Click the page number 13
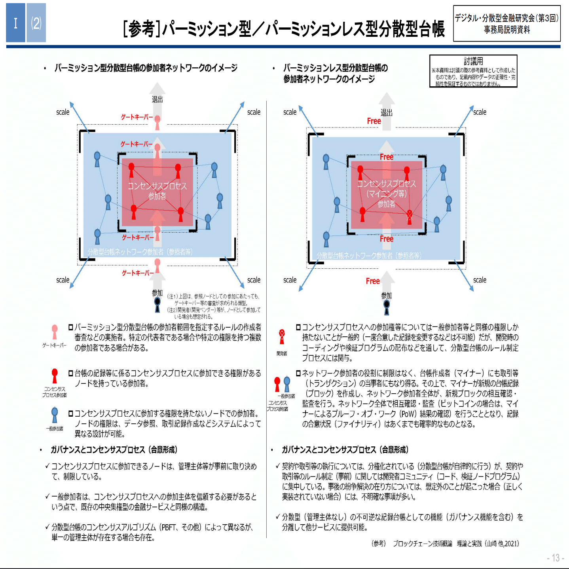tap(556, 558)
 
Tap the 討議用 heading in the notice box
tap(473, 61)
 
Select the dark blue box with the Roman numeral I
tap(15, 23)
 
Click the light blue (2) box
tap(36, 23)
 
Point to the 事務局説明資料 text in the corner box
tap(507, 30)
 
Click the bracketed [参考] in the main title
tap(142, 29)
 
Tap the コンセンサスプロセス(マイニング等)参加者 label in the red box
tap(386, 193)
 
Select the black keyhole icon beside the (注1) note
tap(157, 304)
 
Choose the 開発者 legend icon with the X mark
tap(282, 336)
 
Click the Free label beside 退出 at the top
tap(374, 121)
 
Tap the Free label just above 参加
tap(373, 281)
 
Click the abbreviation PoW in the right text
tap(408, 414)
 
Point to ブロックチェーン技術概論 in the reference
tap(422, 543)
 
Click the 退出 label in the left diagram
tap(157, 99)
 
